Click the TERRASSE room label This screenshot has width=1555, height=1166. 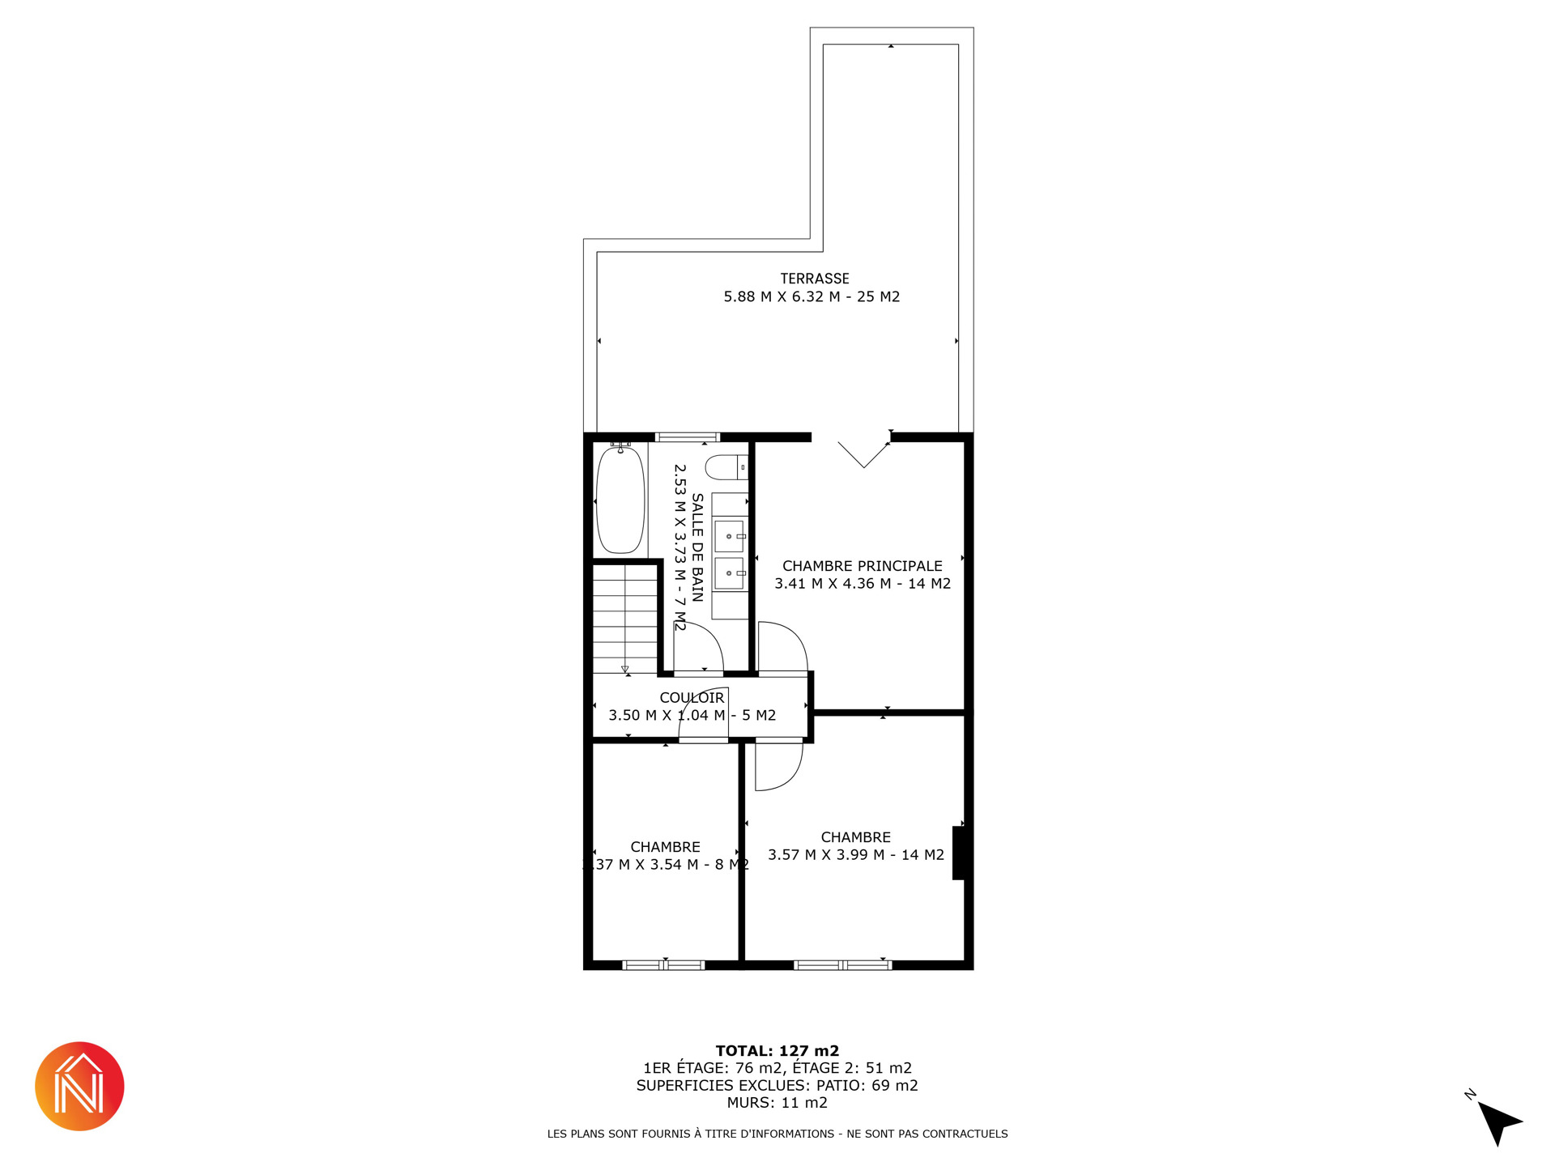[x=815, y=279]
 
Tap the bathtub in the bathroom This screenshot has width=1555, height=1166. [x=620, y=500]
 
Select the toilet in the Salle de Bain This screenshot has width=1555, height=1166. [x=726, y=467]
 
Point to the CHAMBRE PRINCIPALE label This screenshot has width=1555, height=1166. [x=863, y=566]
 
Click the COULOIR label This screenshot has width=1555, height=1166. [x=692, y=698]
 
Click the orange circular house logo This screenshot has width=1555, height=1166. [x=79, y=1086]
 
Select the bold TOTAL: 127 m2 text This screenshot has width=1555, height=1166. [x=777, y=1051]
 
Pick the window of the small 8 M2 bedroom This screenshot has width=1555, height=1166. [x=663, y=964]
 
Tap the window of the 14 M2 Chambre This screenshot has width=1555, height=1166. [x=842, y=964]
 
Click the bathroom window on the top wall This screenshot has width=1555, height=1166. [x=688, y=437]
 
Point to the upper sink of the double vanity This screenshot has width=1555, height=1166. [x=729, y=536]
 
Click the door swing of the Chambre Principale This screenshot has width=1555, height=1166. [x=782, y=646]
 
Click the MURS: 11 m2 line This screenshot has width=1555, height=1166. [x=777, y=1103]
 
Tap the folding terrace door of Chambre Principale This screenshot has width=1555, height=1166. [x=863, y=454]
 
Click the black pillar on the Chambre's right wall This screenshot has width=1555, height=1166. [x=959, y=853]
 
